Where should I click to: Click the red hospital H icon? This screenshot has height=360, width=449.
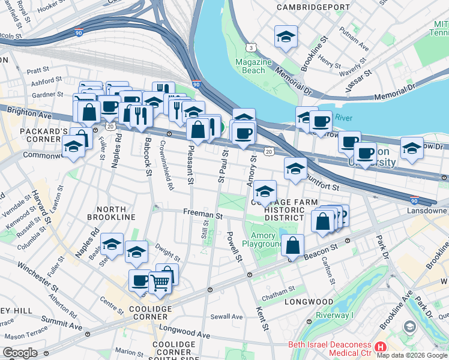pos(379,347)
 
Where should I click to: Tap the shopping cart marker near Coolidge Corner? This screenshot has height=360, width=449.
pos(160,281)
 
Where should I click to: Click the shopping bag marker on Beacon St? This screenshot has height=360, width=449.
pos(292,245)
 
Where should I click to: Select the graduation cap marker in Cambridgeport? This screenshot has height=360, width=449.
pos(286,37)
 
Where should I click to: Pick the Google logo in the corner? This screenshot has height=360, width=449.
pos(20,353)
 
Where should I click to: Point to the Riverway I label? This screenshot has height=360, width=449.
pos(336,316)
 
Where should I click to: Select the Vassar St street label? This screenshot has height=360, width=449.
pos(358,78)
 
